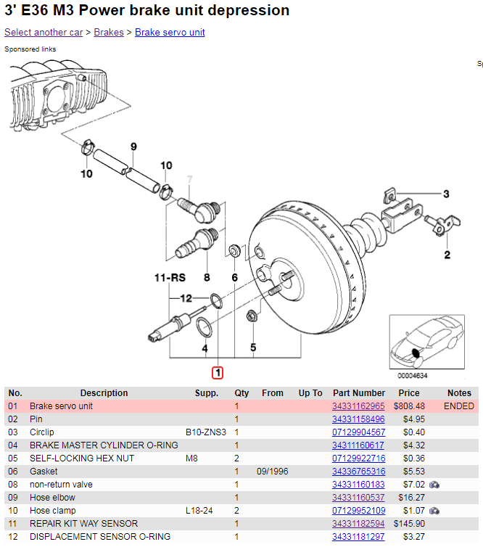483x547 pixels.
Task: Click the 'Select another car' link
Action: pos(43,33)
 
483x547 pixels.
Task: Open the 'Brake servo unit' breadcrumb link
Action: pos(170,33)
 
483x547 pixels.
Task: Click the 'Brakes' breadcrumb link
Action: pos(109,33)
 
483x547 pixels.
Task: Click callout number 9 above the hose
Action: pos(133,147)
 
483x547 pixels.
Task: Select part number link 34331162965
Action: pos(358,406)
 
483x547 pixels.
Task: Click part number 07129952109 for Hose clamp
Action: pos(358,511)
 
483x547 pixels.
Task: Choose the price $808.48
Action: pos(409,406)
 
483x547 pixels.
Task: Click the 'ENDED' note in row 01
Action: pos(459,406)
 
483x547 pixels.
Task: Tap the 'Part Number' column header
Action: pos(359,393)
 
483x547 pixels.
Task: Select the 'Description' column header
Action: pos(104,393)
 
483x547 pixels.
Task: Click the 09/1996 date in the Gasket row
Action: pos(273,472)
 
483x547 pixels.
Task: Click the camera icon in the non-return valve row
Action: pos(434,485)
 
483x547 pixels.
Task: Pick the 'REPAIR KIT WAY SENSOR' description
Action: pos(83,524)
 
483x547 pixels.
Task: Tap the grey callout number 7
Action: pos(190,179)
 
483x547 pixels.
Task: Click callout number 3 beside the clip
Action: pos(446,194)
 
